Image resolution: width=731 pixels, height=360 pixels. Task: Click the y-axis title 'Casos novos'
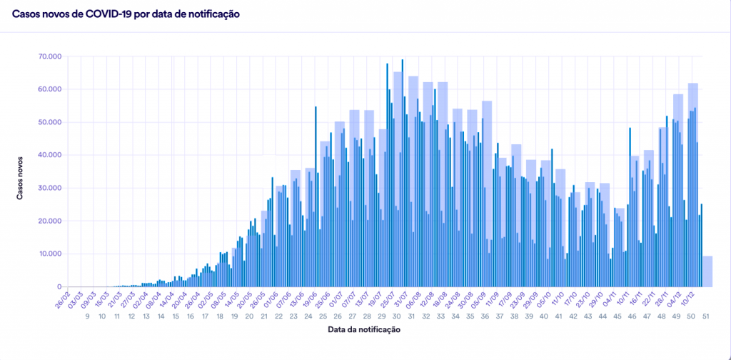tap(22, 170)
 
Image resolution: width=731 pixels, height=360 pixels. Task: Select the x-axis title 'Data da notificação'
tap(365, 329)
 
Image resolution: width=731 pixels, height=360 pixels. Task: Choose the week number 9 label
tap(88, 316)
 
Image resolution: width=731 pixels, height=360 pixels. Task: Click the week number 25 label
tap(324, 316)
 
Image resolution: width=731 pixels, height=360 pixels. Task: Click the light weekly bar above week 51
tap(707, 271)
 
